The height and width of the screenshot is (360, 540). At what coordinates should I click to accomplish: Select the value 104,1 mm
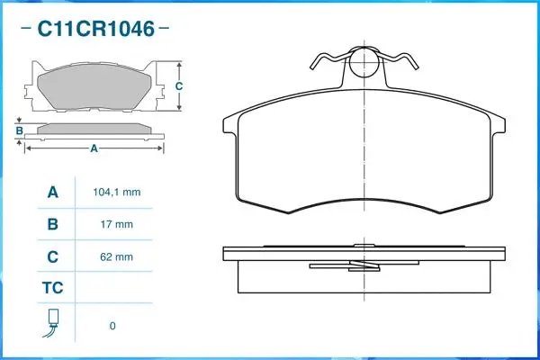(117, 193)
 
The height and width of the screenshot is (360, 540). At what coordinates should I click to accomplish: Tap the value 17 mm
(112, 224)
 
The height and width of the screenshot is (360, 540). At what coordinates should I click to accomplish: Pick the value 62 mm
(112, 256)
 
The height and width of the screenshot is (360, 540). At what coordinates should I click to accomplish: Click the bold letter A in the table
(52, 193)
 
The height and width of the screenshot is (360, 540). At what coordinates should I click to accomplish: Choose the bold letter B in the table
(52, 224)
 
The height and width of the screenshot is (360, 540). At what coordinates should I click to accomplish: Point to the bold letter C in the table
(52, 256)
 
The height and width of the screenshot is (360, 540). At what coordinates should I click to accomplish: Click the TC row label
(52, 289)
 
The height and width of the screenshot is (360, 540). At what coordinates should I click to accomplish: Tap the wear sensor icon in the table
(52, 323)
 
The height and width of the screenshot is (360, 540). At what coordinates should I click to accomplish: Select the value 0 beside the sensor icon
(112, 326)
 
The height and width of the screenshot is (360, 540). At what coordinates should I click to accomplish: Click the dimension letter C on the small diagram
(178, 86)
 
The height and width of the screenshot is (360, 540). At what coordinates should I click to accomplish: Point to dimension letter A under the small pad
(94, 149)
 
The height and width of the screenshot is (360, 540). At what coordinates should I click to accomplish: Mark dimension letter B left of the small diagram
(19, 131)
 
